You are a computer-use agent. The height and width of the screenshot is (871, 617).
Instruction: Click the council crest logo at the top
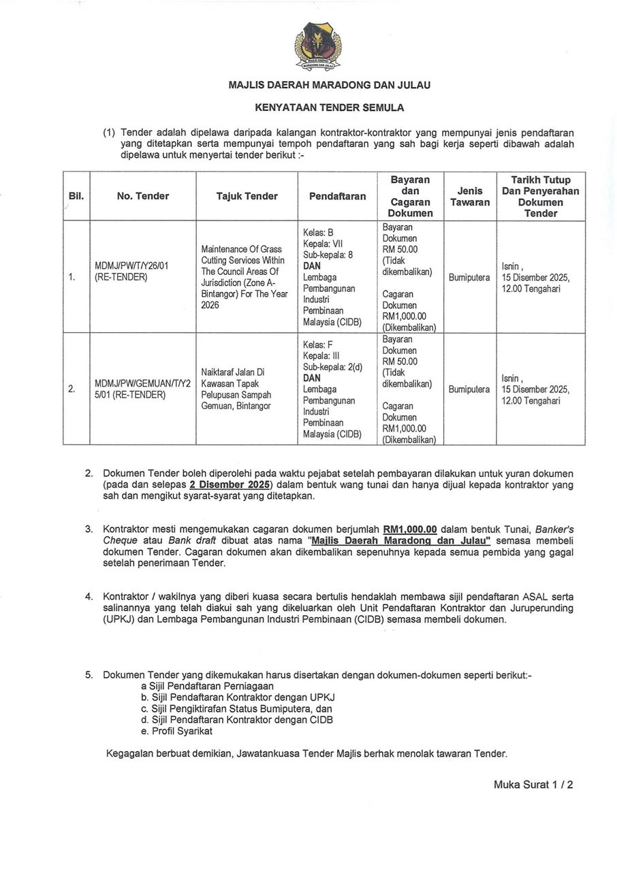click(x=318, y=46)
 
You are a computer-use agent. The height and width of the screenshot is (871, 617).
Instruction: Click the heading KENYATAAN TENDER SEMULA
click(x=329, y=108)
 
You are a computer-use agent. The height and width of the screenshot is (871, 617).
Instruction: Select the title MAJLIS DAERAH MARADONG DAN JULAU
click(x=329, y=86)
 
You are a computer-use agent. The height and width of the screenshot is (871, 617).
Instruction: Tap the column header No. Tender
click(x=142, y=196)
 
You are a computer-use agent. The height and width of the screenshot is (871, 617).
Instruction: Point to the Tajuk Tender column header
click(x=247, y=196)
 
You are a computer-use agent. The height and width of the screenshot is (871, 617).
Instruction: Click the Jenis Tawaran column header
click(x=470, y=197)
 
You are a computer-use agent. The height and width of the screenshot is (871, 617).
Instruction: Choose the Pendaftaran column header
click(x=337, y=196)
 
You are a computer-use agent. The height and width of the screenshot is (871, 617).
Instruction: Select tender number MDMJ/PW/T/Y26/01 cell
click(x=133, y=271)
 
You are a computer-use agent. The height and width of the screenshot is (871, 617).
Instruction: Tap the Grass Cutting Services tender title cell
click(x=244, y=277)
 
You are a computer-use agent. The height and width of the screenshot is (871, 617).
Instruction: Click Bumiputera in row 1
click(x=469, y=278)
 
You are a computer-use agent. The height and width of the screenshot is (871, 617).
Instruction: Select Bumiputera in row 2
click(x=469, y=389)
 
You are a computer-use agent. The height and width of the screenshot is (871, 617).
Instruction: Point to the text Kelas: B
click(x=318, y=232)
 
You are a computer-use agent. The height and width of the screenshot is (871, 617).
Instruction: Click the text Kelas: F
click(x=318, y=344)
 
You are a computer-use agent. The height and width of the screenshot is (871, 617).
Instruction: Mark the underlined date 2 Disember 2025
click(x=230, y=484)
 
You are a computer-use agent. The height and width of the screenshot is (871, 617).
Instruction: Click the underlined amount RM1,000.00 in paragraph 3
click(x=409, y=528)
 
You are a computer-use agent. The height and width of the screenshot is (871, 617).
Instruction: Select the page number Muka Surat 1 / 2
click(x=533, y=785)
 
